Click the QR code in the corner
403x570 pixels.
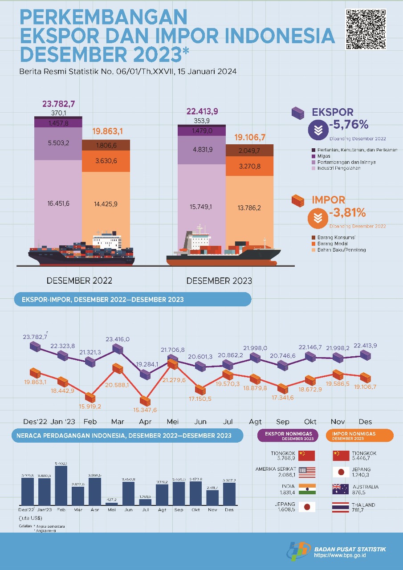(366, 29)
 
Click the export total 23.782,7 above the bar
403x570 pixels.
(59, 104)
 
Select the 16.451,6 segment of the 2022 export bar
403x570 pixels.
(58, 203)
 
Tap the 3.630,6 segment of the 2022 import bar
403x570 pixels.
(106, 161)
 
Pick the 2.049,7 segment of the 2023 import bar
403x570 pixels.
(249, 151)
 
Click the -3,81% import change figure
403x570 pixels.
(348, 213)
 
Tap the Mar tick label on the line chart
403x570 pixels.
(118, 421)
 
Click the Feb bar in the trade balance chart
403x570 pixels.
(61, 485)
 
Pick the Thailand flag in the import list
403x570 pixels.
(341, 507)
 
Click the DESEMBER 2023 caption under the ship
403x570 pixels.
(219, 281)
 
